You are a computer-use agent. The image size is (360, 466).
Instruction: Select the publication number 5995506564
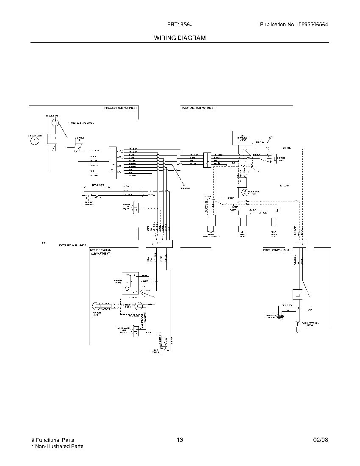point(312,25)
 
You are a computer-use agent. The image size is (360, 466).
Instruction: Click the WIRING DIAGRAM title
point(180,38)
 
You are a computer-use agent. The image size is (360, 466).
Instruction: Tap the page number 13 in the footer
point(180,440)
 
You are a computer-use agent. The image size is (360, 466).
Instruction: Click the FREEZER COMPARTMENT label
point(120,108)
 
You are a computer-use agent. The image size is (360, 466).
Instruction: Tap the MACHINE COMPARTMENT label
point(198,108)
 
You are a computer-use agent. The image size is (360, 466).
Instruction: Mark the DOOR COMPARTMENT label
point(277,250)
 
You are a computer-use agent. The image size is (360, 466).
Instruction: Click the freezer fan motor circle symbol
point(55,123)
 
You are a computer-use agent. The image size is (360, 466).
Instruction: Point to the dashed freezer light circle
point(34,140)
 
